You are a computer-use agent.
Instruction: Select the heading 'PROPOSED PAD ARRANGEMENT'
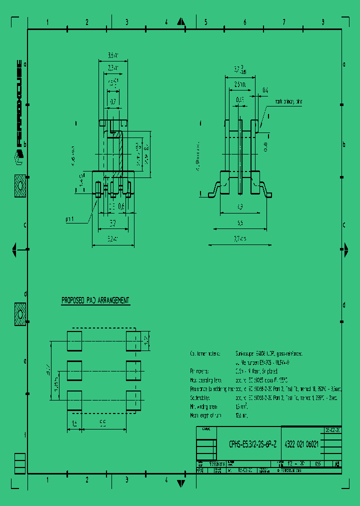click(x=95, y=300)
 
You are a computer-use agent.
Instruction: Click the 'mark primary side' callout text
click(x=288, y=101)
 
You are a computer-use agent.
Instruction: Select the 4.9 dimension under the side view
click(x=240, y=206)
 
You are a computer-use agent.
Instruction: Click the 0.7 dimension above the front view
click(x=113, y=101)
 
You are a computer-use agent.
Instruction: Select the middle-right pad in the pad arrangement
click(x=133, y=370)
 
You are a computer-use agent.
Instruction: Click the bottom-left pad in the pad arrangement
click(x=74, y=400)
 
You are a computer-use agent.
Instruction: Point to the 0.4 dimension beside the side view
click(x=265, y=90)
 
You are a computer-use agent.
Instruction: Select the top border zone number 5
click(x=205, y=22)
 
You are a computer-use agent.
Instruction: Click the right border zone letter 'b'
click(x=344, y=144)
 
